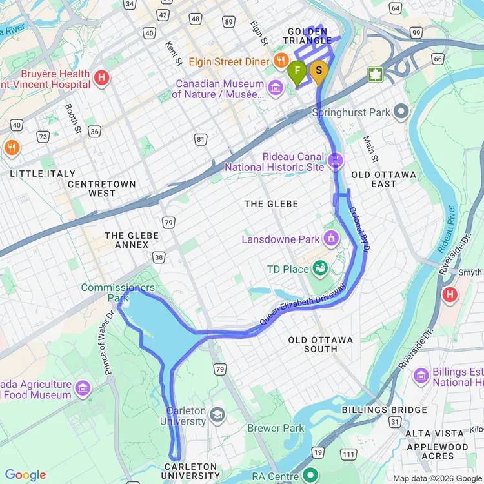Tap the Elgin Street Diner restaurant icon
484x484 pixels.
click(x=281, y=61)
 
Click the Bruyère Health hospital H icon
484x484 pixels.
click(x=101, y=79)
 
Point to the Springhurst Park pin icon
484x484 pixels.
click(x=401, y=112)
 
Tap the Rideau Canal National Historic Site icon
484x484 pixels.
click(x=335, y=161)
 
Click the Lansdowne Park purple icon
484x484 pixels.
click(x=332, y=239)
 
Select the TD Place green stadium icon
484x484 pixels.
click(x=319, y=268)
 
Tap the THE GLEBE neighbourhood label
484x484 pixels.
click(x=271, y=204)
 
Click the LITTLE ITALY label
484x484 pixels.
click(x=43, y=174)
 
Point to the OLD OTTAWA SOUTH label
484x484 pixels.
click(x=321, y=344)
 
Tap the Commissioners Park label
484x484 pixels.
click(x=117, y=292)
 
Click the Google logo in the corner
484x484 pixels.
click(x=26, y=475)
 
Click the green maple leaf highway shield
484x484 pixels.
click(x=376, y=74)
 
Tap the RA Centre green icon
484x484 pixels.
click(x=311, y=476)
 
